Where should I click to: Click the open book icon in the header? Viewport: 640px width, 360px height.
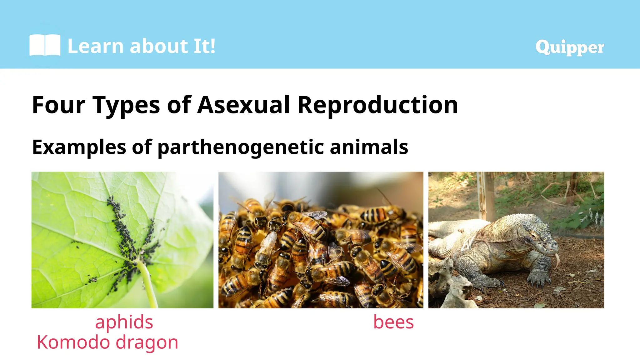(x=45, y=45)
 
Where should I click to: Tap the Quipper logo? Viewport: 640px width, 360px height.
(x=570, y=47)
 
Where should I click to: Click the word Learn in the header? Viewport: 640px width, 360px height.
(x=96, y=46)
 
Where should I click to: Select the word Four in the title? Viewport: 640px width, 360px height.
(x=58, y=105)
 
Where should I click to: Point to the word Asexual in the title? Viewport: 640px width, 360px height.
(x=244, y=105)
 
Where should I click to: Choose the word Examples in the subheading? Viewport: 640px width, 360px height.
(x=79, y=147)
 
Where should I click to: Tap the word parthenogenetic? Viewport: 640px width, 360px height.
(x=241, y=147)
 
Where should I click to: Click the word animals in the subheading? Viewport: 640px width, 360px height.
(x=369, y=147)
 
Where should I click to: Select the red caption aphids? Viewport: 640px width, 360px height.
(x=124, y=322)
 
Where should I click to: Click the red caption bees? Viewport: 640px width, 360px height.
(x=393, y=322)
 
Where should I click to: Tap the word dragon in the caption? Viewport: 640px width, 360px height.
(x=147, y=343)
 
